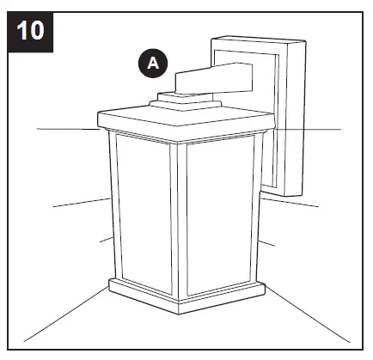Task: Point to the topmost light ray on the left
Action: coord(67,128)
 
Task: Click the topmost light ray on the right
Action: coord(309,130)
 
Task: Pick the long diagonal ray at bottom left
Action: coord(65,313)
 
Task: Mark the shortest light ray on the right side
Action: coord(267,243)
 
